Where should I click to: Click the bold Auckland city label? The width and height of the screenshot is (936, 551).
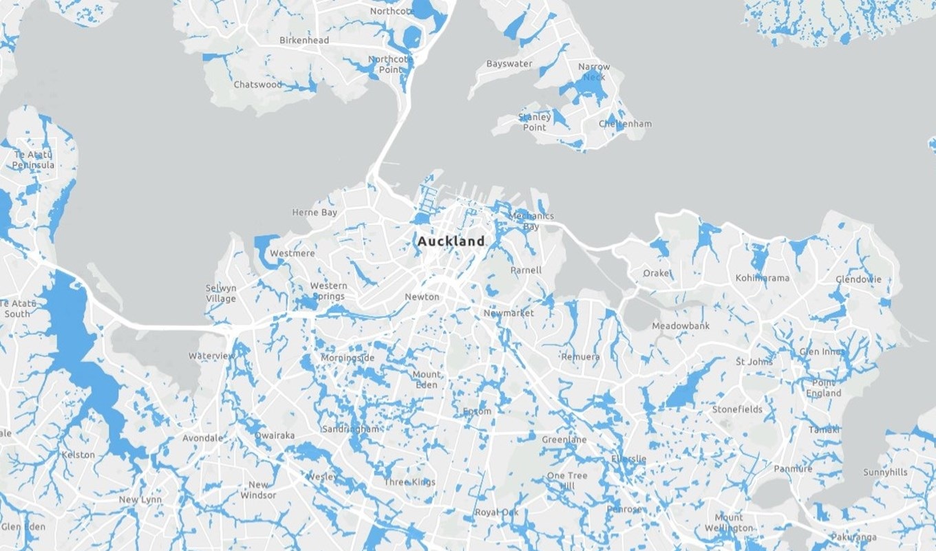pos(451,241)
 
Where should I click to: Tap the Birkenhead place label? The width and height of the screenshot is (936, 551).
pos(304,41)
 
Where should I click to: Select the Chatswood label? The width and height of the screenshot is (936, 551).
pos(258,85)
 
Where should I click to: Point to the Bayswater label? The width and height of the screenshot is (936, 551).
pos(509,64)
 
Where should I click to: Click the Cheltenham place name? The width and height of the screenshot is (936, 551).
pos(625,124)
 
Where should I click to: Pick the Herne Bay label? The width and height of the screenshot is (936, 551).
pos(315,213)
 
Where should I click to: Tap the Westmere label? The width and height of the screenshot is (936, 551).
pos(292,253)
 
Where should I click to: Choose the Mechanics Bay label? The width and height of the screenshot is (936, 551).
pos(531,221)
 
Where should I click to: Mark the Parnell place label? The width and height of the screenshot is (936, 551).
pos(526,270)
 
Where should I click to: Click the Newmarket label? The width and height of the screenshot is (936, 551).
pos(509,313)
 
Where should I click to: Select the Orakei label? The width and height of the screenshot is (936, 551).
pos(657,273)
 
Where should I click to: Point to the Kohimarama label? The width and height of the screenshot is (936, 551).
pos(762,278)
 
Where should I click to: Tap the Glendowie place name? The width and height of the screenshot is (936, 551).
pos(858,279)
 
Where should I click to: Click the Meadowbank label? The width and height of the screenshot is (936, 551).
pos(680,325)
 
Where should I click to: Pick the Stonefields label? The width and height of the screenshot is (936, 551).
pos(737,409)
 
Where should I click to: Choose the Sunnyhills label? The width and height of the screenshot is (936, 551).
pos(885,472)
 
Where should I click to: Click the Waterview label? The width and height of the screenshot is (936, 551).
pos(211,356)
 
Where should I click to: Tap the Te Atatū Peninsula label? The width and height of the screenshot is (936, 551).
pos(33,160)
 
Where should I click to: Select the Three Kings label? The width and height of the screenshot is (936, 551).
pos(409,482)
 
